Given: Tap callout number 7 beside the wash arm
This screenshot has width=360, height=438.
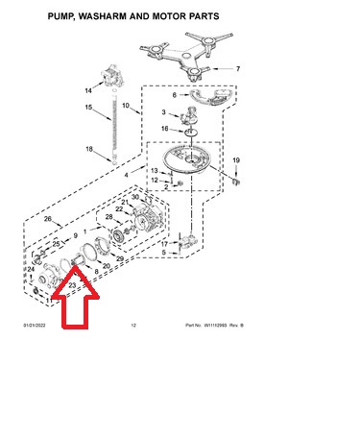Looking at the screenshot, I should [x=238, y=69].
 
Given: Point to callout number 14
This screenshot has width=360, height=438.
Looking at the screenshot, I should [x=87, y=90].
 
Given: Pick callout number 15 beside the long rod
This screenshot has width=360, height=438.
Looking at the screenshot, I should [x=87, y=108].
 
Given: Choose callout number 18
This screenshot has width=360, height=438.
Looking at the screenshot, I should [x=87, y=149].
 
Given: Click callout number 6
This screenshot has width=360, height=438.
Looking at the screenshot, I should [x=175, y=95].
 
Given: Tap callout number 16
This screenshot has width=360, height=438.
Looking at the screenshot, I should [x=165, y=128].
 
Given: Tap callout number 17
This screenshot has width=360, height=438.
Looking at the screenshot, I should [x=164, y=244].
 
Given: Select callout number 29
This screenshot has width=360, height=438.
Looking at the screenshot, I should [x=118, y=259].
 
